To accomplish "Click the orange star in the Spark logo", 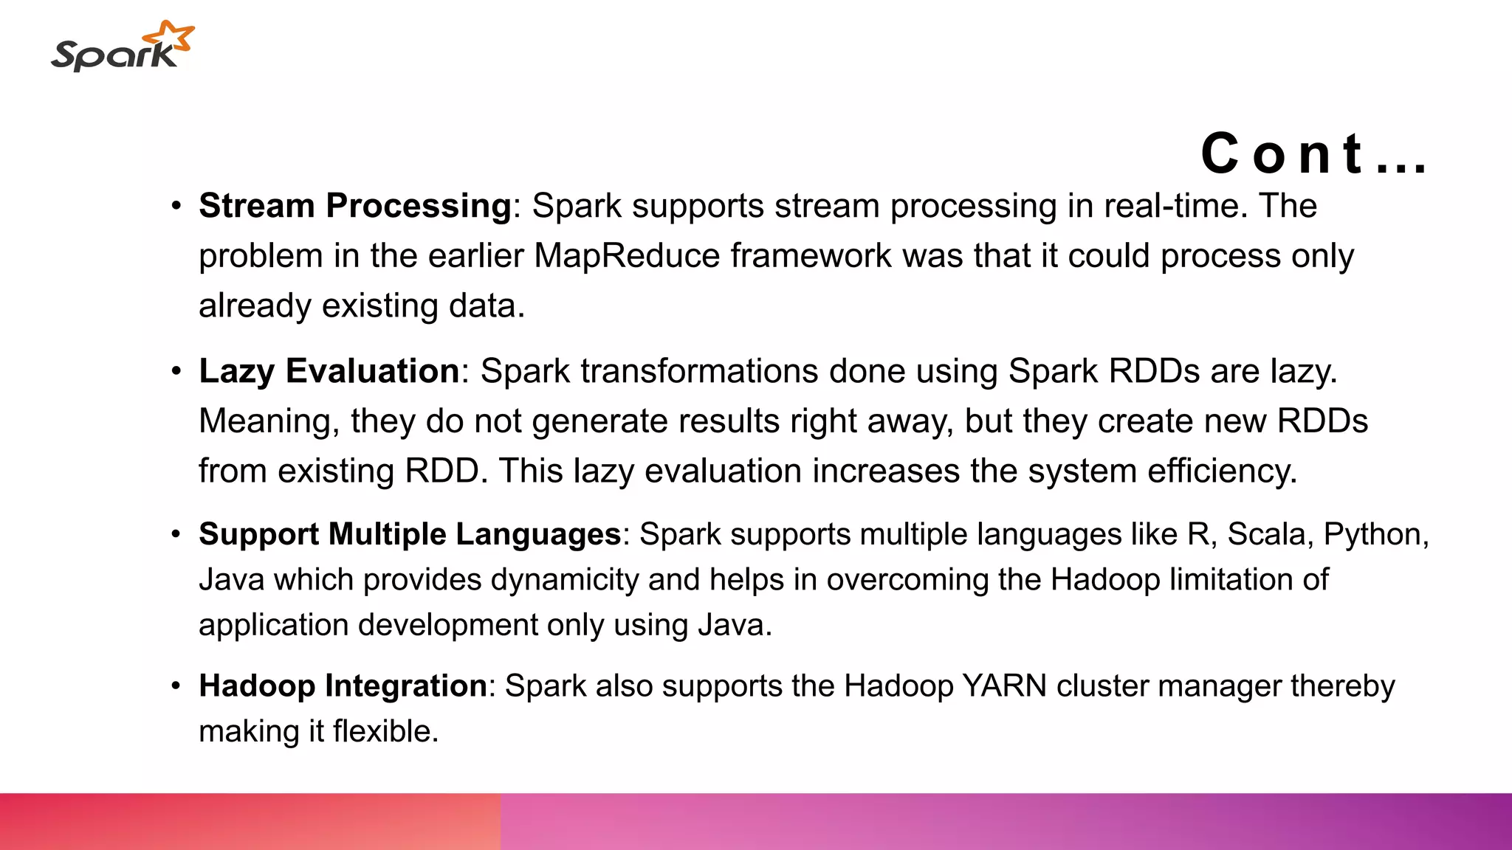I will (171, 37).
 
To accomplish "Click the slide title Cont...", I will (1313, 154).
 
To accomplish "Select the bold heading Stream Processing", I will (355, 206).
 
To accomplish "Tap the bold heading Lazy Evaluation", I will (329, 371).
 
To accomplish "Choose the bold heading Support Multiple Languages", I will (410, 534).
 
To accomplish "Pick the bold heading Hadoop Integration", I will (343, 686).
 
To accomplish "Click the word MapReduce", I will (627, 256).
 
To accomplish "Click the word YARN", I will (1005, 686).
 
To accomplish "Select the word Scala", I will (1266, 534).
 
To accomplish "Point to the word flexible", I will (385, 732).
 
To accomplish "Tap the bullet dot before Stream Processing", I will (176, 206).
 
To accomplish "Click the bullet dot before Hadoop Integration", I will (176, 686).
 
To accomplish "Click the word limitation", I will (1231, 580).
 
